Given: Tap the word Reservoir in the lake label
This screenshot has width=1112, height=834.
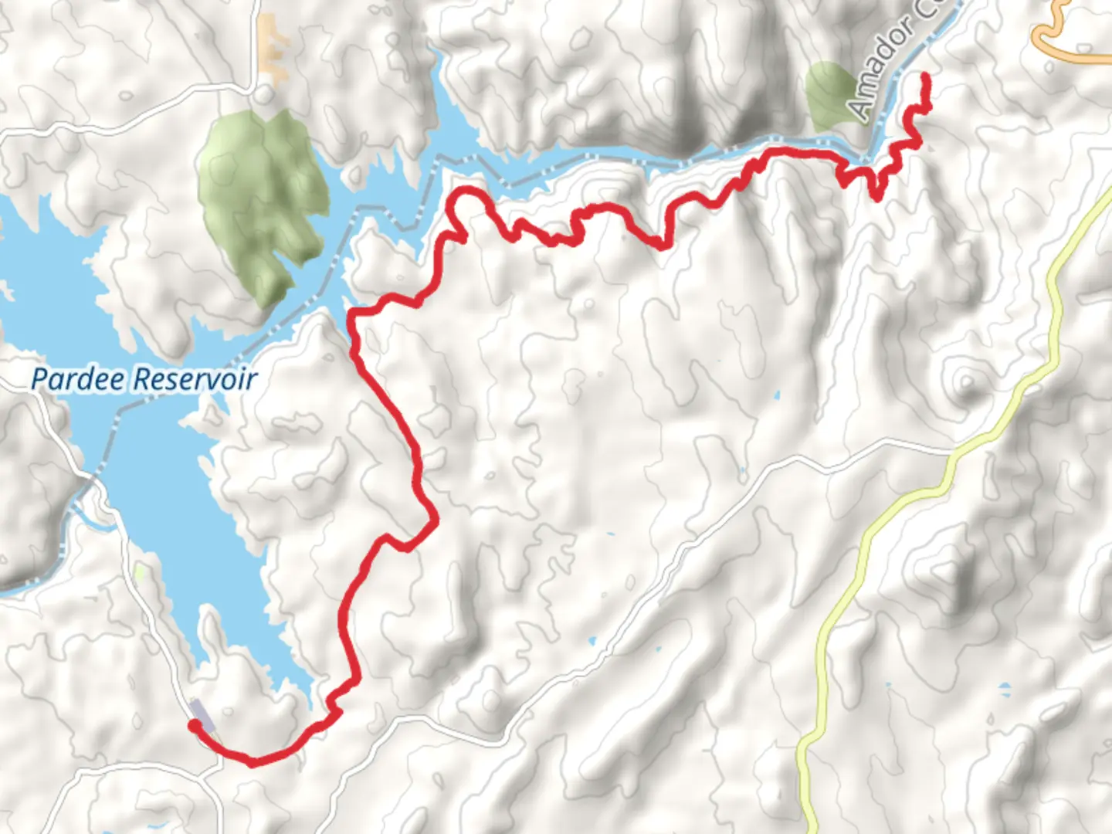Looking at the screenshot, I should click(195, 380).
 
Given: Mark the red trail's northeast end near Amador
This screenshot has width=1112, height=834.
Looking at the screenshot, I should click(924, 76).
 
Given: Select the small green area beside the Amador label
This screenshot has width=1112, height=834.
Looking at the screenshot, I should click(829, 97).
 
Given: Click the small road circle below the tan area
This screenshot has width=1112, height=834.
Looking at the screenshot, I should click(265, 93).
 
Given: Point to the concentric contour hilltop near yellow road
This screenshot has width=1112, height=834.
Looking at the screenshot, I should click(965, 380).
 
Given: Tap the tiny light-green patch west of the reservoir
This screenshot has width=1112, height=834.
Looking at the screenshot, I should click(140, 572).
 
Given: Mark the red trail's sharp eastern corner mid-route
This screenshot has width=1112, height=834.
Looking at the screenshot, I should click(436, 522).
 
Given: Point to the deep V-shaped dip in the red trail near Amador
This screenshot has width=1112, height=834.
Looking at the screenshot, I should click(875, 193).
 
